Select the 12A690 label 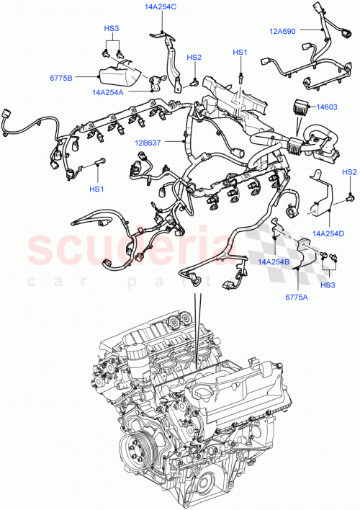click(x=282, y=31)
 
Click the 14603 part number click(x=329, y=106)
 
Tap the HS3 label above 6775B click(x=111, y=29)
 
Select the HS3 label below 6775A click(x=328, y=286)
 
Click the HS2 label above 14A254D click(x=349, y=172)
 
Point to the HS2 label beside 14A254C click(x=194, y=58)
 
